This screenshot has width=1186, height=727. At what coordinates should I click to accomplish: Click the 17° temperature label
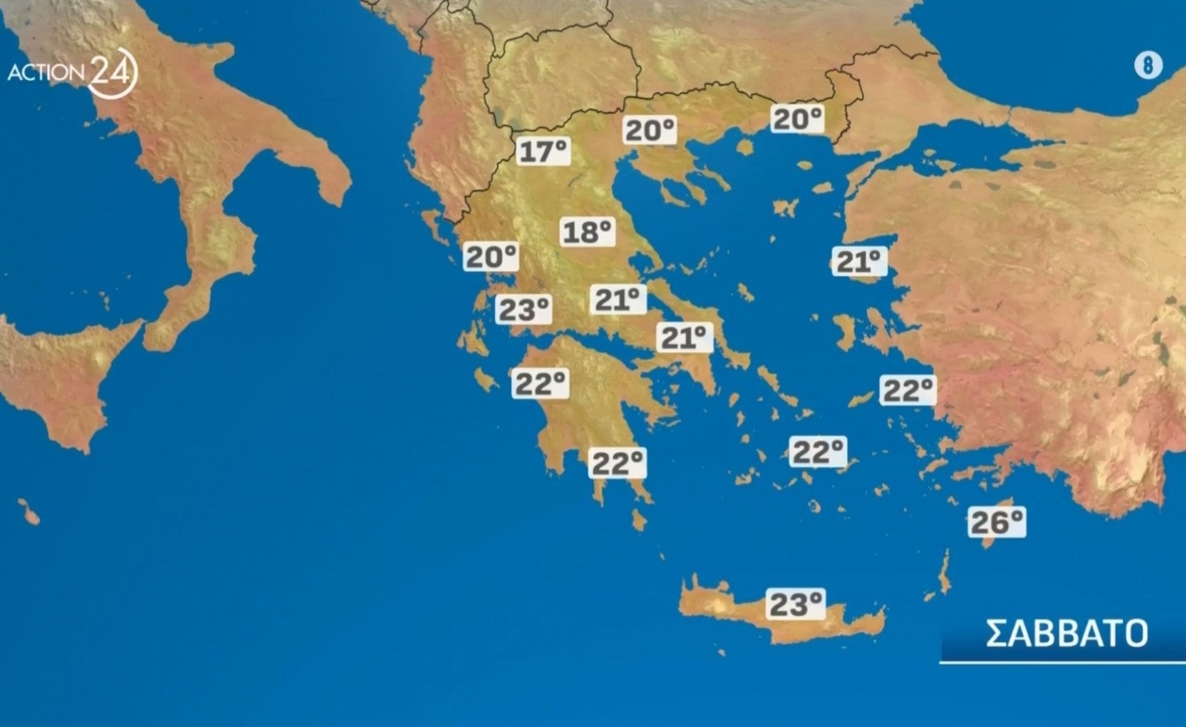543,151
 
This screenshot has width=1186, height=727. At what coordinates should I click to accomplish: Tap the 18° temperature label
587,232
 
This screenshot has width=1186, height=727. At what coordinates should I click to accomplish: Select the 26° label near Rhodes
996,522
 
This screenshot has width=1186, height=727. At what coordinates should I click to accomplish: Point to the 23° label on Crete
795,604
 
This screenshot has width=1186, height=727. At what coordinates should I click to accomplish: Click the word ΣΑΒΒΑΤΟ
1066,634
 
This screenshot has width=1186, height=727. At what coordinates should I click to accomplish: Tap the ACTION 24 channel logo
72,73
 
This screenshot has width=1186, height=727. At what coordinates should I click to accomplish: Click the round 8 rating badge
1147,65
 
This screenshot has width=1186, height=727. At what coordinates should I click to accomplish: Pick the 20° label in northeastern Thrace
796,119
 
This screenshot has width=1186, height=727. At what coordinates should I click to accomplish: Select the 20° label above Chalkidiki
649,130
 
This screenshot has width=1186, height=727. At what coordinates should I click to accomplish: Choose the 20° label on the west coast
490,256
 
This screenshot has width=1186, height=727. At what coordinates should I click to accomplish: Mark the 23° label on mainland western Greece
523,309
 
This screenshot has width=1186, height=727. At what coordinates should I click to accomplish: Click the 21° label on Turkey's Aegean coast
859,261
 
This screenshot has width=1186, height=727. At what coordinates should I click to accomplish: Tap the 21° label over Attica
684,337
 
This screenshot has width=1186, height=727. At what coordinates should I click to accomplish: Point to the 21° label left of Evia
618,300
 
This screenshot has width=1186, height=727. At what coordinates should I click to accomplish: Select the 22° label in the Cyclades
818,452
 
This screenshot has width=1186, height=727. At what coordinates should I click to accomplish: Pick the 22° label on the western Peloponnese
539,383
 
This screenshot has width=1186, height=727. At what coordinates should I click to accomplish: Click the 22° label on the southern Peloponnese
617,462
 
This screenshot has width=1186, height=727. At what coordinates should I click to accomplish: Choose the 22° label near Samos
907,389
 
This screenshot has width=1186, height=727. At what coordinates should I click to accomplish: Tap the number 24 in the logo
114,73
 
